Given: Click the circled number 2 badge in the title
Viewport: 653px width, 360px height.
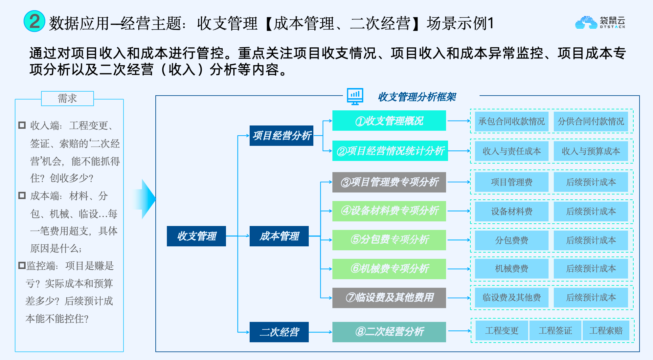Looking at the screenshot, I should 34,21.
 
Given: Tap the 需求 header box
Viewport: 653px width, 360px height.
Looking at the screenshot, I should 67,98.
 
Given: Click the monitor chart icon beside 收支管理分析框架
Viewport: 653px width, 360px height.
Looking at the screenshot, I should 355,96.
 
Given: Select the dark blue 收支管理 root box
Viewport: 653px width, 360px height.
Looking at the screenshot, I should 196,236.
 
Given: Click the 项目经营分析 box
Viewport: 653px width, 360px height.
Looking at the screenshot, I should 281,135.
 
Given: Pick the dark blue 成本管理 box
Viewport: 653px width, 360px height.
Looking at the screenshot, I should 279,236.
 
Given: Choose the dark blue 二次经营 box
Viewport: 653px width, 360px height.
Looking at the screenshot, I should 279,332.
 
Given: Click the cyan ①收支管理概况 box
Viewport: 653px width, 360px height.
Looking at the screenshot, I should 389,121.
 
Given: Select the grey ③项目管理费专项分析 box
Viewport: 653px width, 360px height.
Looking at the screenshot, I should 389,182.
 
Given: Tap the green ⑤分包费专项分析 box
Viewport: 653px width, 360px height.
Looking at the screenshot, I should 389,240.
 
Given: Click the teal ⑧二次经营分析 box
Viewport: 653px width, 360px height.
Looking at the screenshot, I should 389,332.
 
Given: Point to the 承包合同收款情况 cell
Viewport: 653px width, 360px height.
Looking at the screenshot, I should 511,122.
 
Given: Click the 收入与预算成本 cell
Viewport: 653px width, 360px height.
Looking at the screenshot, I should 591,151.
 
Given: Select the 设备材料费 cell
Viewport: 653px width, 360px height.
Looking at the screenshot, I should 511,211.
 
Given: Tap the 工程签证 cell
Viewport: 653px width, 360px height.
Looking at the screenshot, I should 555,330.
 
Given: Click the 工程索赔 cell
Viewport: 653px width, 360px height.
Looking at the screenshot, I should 606,330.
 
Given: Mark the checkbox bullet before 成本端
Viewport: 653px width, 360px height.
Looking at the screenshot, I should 22,195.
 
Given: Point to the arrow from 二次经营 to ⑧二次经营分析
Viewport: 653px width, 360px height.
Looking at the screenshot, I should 320,332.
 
